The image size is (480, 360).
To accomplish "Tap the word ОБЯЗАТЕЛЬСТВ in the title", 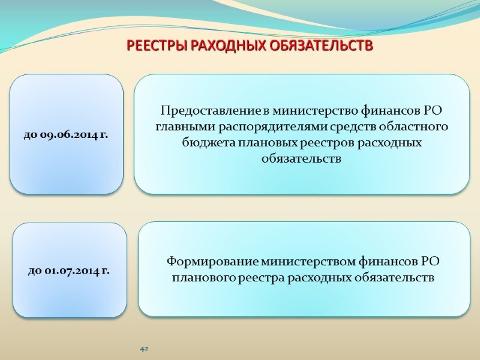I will pyautogui.click(x=325, y=46).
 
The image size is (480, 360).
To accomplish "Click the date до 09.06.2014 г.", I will pyautogui.click(x=67, y=135).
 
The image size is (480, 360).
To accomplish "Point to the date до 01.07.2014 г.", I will pyautogui.click(x=68, y=271).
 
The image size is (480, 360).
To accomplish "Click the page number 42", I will pyautogui.click(x=144, y=349).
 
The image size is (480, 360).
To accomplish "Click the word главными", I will pyautogui.click(x=178, y=127).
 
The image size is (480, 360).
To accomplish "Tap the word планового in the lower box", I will pyautogui.click(x=203, y=278).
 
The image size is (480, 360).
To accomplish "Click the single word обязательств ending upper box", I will pyautogui.click(x=301, y=160).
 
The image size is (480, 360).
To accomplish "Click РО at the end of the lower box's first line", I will pyautogui.click(x=431, y=262).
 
